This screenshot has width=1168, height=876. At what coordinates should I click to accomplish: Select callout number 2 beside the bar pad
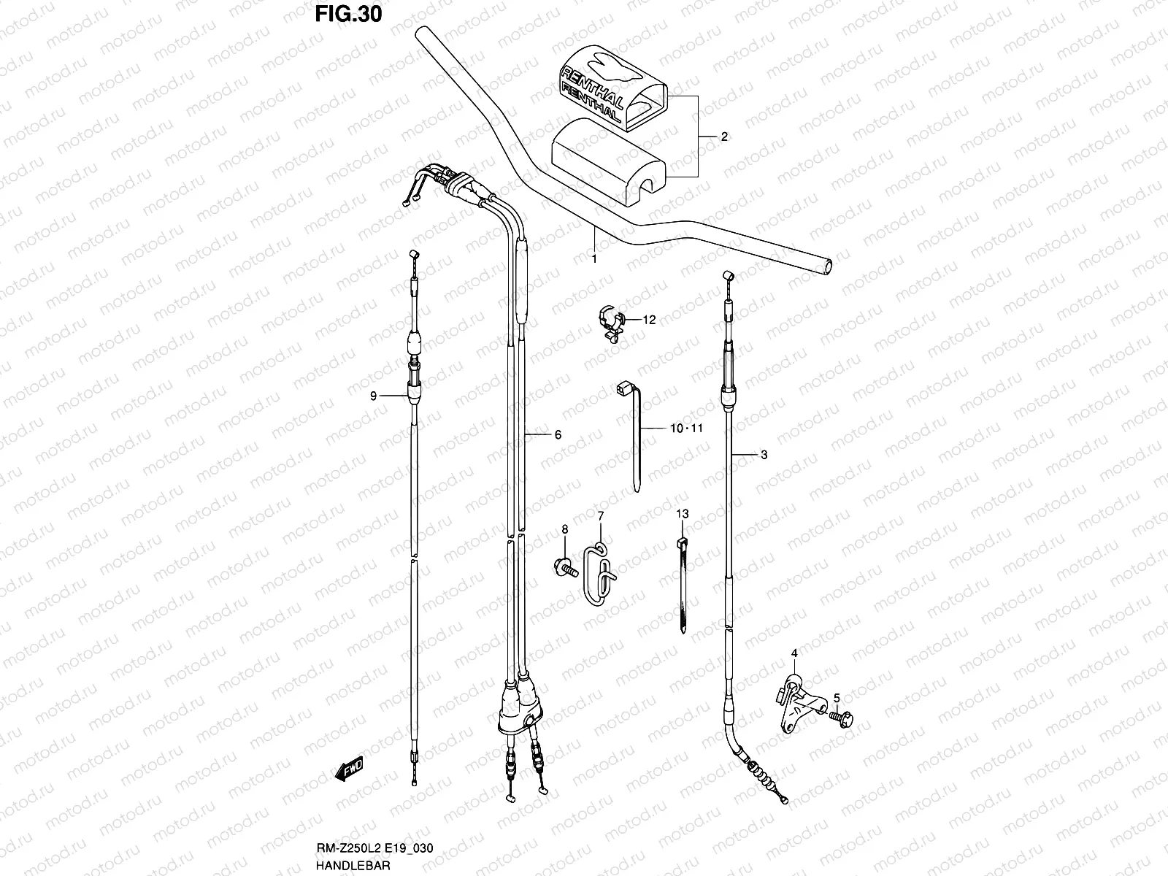point(724,137)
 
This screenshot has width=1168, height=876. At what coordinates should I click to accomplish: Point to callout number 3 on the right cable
point(764,456)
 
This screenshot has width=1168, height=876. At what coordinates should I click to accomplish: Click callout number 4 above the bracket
point(794,653)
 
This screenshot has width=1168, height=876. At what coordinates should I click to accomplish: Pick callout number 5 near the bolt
point(837,697)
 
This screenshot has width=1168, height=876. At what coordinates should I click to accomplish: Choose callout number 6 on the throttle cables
point(558,435)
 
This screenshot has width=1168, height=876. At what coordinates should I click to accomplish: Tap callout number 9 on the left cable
point(373,396)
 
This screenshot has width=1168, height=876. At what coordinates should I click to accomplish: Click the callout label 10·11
point(686,429)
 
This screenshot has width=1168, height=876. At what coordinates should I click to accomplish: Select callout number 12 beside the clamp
point(649,319)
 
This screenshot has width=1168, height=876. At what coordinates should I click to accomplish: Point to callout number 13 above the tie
point(682,514)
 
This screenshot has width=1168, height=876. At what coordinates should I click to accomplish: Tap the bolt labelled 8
point(566,564)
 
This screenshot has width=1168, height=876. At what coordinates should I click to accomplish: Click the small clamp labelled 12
point(611,321)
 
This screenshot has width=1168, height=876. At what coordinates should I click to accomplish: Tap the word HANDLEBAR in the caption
point(353,865)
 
